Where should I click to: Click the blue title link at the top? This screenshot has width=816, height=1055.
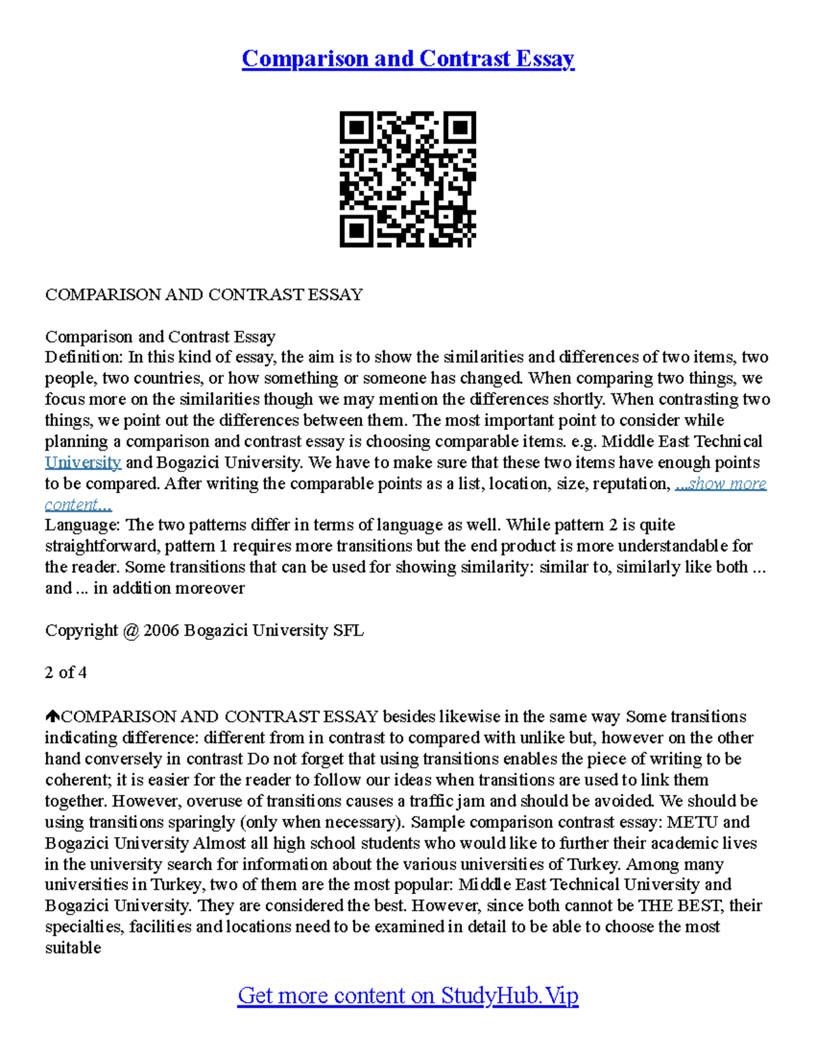tap(408, 58)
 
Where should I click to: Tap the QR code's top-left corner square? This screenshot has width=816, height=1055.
tap(356, 128)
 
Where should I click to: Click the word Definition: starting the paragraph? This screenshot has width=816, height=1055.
tap(82, 357)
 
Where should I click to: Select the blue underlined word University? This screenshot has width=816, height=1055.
tap(83, 463)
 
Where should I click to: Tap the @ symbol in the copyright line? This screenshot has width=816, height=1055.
tap(131, 630)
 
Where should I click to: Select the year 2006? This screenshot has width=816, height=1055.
tap(161, 630)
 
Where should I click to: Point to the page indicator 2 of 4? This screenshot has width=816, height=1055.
tap(66, 673)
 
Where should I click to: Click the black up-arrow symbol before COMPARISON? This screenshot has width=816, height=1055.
tap(52, 717)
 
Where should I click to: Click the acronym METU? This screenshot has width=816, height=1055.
tap(692, 822)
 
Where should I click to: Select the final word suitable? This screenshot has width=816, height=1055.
tap(73, 948)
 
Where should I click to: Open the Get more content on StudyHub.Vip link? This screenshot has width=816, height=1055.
tap(408, 995)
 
